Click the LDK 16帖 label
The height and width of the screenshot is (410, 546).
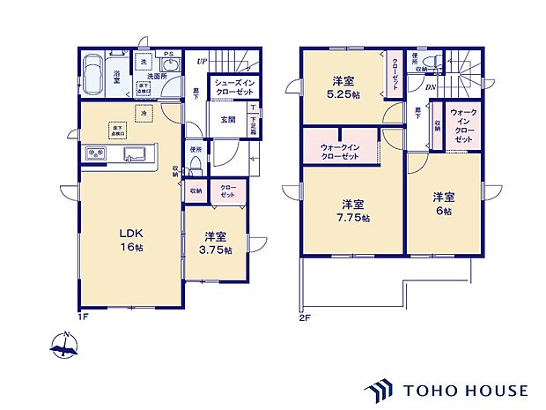pyautogui.click(x=131, y=240)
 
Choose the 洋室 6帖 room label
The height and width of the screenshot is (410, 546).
pyautogui.click(x=442, y=205)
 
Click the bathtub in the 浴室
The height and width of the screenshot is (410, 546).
pyautogui.click(x=92, y=69)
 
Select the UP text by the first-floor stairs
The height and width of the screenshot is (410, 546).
pyautogui.click(x=202, y=61)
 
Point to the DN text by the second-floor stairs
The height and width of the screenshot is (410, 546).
pyautogui.click(x=431, y=86)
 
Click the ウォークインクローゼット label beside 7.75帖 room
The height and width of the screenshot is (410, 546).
pyautogui.click(x=340, y=152)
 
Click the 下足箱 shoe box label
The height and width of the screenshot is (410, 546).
pyautogui.click(x=253, y=121)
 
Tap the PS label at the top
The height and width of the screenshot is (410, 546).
pyautogui.click(x=167, y=52)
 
